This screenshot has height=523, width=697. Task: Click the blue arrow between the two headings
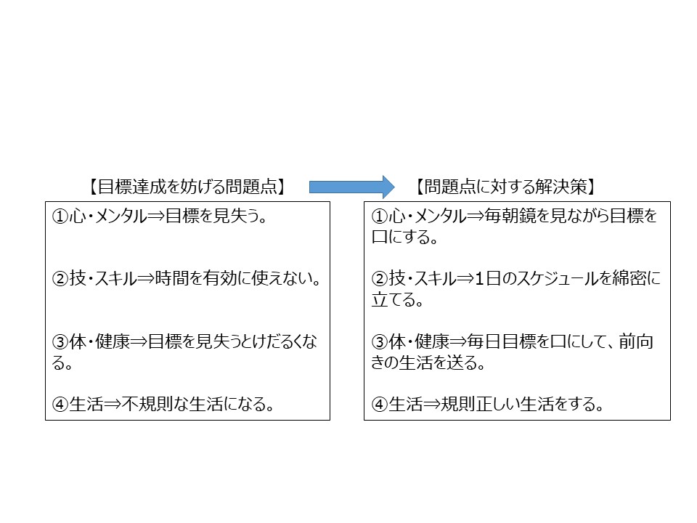click(351, 187)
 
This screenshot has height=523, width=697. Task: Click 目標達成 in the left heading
click(131, 187)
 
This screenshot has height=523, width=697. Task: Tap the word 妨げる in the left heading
click(200, 187)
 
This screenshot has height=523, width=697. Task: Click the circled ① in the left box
click(60, 216)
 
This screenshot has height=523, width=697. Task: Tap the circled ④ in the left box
click(60, 405)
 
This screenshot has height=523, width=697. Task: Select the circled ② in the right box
click(380, 279)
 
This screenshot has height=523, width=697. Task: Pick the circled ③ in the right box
click(380, 342)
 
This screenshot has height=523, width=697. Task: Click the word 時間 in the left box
click(172, 279)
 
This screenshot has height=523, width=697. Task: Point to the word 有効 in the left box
click(220, 279)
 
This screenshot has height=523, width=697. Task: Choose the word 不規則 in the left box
click(147, 405)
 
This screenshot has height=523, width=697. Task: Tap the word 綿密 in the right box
click(629, 279)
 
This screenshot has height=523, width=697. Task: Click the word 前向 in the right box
click(636, 342)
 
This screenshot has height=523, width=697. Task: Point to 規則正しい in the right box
click(480, 405)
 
